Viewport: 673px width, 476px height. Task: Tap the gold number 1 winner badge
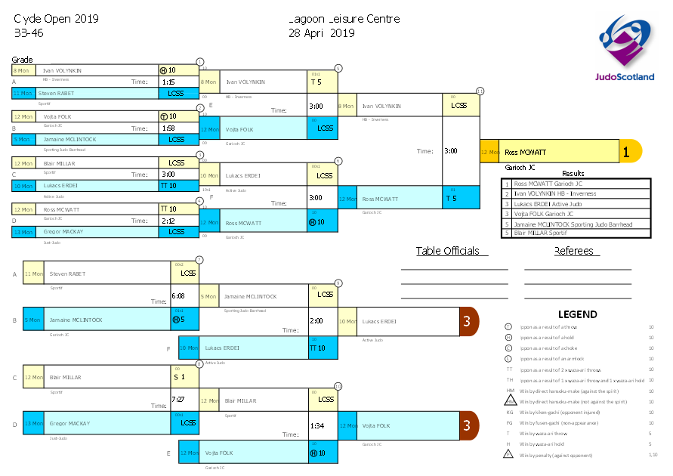click(626, 151)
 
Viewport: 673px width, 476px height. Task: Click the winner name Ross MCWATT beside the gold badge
click(525, 152)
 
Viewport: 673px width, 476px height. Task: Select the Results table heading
click(573, 173)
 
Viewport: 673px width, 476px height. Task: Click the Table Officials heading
click(447, 251)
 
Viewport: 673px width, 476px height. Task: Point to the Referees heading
click(573, 251)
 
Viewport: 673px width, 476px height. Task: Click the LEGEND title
click(577, 314)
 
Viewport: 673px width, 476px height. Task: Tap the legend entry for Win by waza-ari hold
click(543, 444)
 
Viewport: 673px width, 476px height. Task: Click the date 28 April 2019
click(321, 32)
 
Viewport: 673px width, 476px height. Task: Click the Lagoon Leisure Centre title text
click(344, 19)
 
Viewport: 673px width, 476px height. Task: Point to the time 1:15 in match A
click(168, 82)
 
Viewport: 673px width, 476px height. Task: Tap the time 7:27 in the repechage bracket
click(178, 398)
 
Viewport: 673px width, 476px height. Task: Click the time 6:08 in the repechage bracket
click(178, 295)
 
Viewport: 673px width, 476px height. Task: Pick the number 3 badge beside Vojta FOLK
click(468, 425)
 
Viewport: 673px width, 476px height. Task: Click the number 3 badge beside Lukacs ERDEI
click(468, 321)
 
